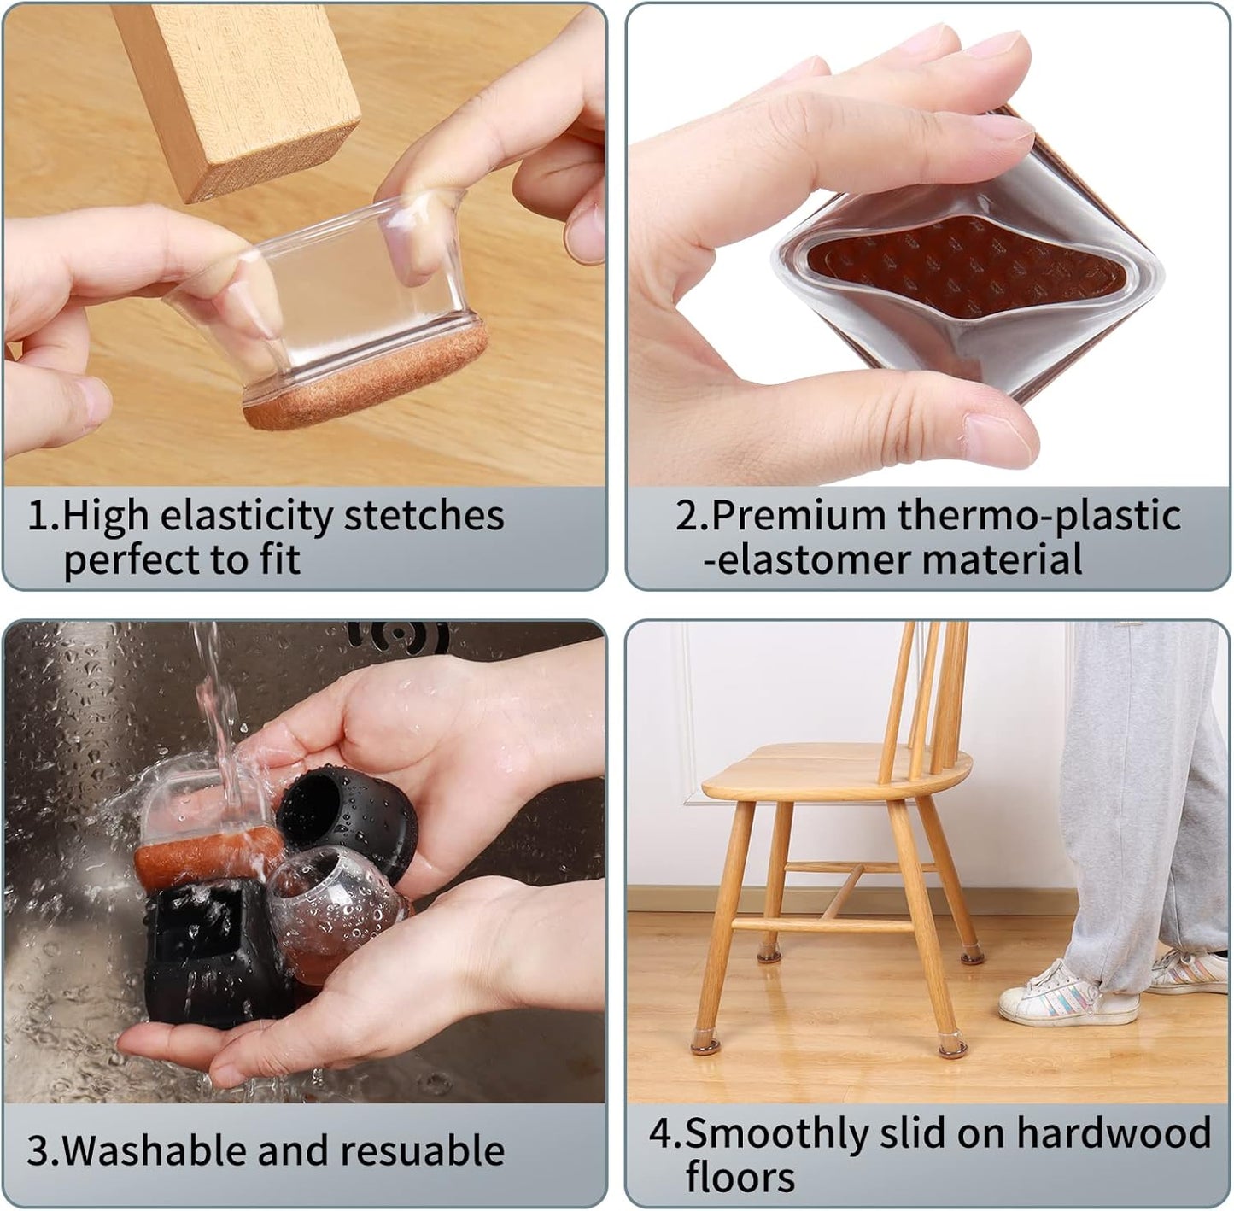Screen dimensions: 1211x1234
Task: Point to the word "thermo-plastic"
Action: [x=1038, y=516]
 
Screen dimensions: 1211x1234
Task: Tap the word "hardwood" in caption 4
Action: [x=1114, y=1133]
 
